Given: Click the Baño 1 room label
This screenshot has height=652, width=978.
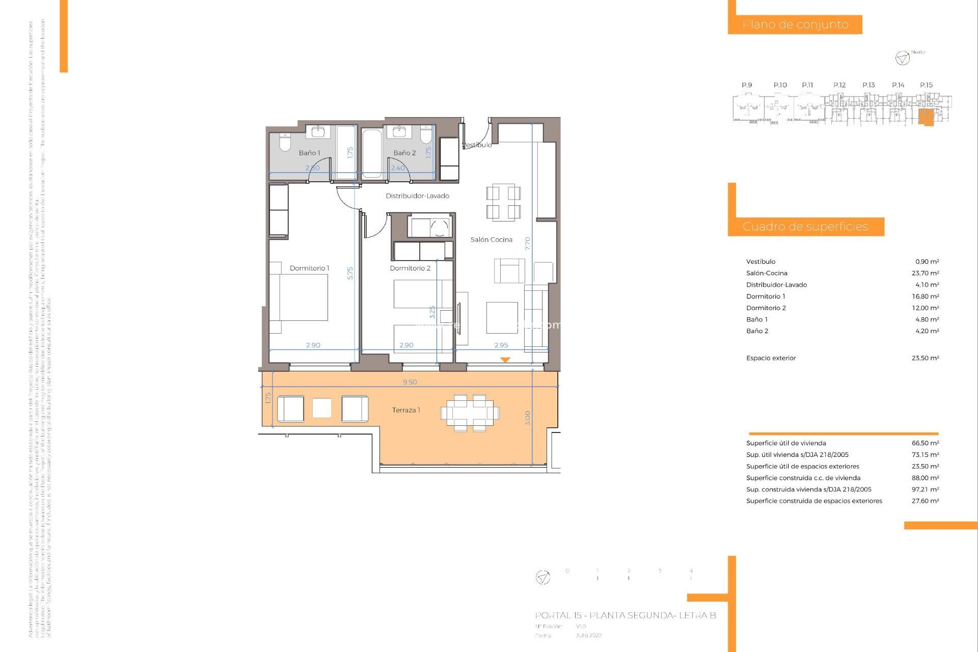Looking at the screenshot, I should [x=309, y=153].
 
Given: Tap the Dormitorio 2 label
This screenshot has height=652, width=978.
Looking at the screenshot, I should [x=410, y=268].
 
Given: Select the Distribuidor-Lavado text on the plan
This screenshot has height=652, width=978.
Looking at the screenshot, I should [x=417, y=196].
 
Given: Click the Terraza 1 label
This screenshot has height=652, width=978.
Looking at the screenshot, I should [x=406, y=410].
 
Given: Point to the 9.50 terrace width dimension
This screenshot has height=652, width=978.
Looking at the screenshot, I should [x=410, y=382].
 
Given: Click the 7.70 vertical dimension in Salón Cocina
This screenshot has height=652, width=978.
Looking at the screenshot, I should [x=528, y=243].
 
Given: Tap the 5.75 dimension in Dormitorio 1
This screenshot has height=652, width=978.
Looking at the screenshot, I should [x=350, y=274].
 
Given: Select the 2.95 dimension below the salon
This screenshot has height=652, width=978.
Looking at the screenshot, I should [x=501, y=345].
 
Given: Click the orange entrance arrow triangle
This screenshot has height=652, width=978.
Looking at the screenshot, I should [x=505, y=360].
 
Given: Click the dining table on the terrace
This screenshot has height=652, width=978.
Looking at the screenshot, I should [x=470, y=413].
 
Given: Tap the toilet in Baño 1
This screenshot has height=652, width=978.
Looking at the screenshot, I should [x=285, y=143].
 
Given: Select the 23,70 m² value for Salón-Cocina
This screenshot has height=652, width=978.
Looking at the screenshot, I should [x=925, y=274].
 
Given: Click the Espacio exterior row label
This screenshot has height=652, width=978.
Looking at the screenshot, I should [x=771, y=358].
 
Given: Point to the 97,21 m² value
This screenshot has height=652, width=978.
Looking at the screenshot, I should [x=925, y=490].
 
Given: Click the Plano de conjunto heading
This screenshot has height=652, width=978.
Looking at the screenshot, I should [x=795, y=24].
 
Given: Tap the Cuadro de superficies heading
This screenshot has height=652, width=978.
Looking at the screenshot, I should [x=805, y=227].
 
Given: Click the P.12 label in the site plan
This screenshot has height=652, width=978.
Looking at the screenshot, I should [x=839, y=85].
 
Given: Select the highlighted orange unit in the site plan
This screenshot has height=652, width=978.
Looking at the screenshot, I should [x=926, y=117].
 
